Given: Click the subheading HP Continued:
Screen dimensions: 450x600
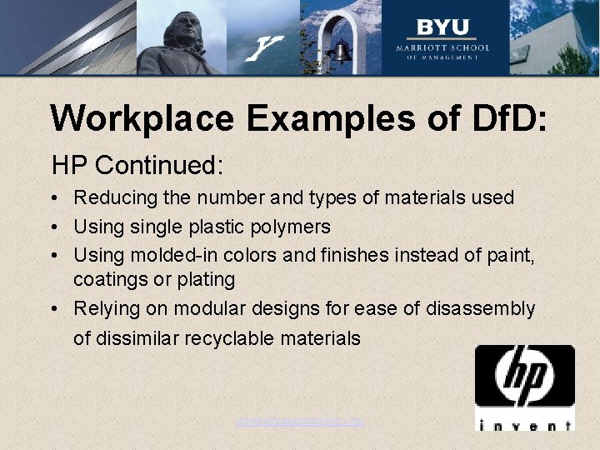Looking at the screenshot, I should [137, 165].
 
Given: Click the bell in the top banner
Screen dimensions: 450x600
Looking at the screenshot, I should [340, 52].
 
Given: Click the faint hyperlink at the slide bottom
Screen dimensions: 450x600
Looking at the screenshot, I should [300, 422].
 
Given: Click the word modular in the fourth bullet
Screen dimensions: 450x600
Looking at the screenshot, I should [220, 309].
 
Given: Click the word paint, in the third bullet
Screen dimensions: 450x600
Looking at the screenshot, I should [510, 253].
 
